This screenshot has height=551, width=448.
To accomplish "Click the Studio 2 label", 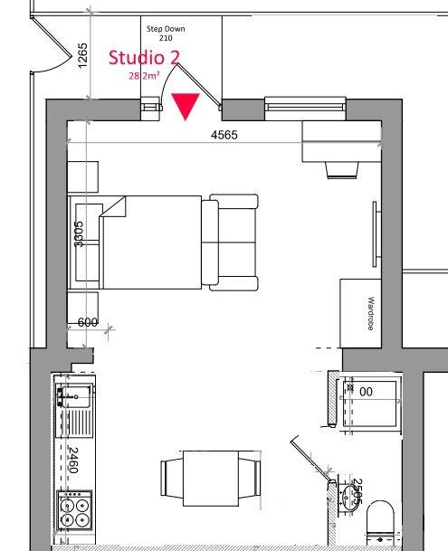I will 145,59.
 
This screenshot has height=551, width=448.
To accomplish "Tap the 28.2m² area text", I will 145,77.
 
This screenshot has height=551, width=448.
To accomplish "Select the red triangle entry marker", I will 186,106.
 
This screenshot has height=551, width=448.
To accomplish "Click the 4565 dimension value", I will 224,136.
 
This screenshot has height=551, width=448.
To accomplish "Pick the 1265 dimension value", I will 82,56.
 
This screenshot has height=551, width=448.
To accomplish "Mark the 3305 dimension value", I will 80,237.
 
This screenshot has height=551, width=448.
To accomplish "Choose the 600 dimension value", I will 88,323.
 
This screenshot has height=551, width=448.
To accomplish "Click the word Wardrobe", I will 371,313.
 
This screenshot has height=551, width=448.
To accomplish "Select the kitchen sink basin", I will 72,394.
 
